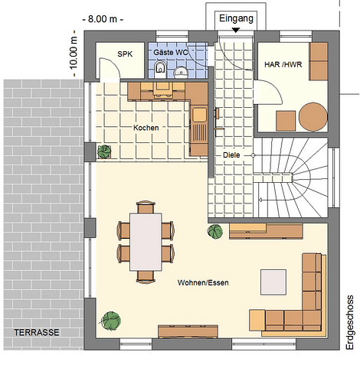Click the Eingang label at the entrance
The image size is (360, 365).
pos(236,19)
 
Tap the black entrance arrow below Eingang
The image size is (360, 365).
pos(236,30)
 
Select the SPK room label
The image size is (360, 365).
pos(125,54)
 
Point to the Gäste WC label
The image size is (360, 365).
pos(170,53)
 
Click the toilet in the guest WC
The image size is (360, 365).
pos(160,69)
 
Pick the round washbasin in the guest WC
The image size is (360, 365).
pos(182,72)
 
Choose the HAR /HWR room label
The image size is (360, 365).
pos(283,64)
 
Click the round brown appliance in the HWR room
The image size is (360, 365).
pos(313,117)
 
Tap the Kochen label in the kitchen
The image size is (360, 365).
pos(146,128)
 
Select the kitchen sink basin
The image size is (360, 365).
pos(200,115)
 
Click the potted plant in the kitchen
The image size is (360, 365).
pos(104,152)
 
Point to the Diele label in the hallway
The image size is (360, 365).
pos(231,155)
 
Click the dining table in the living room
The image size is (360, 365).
pos(146,242)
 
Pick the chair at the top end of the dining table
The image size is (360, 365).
pos(146,207)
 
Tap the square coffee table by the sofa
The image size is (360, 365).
pos(273,282)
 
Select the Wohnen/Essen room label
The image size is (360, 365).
pos(203,282)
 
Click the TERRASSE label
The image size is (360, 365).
pos(37,332)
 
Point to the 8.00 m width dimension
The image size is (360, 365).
pos(103,19)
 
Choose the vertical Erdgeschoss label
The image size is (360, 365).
pos(350,322)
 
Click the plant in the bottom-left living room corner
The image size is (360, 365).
pos(110,320)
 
